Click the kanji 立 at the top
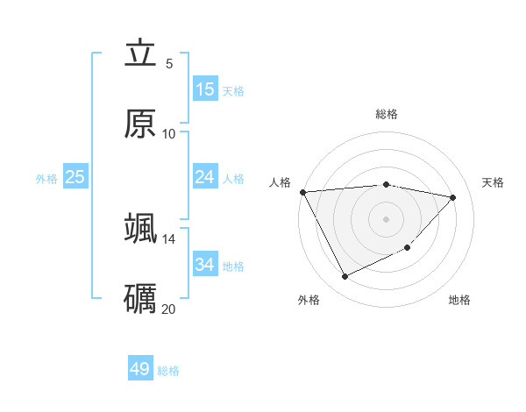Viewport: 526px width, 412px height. click(141, 54)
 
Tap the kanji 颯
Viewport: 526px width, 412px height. click(141, 228)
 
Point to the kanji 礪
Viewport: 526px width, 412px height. click(141, 297)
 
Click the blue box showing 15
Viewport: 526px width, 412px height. click(205, 89)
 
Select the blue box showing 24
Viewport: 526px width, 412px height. click(205, 177)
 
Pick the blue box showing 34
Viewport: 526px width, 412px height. click(205, 264)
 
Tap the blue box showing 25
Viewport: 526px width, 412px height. click(75, 177)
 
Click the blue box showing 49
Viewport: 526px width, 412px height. click(140, 369)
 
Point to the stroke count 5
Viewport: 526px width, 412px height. click(169, 63)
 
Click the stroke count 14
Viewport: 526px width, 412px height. click(169, 238)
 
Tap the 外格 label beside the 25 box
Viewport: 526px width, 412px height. click(46, 179)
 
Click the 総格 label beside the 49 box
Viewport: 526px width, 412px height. click(168, 371)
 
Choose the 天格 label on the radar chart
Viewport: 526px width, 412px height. click(493, 182)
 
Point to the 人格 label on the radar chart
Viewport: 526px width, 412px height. click(281, 182)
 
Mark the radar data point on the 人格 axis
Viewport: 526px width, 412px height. click(302, 192)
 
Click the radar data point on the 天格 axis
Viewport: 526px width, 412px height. click(453, 197)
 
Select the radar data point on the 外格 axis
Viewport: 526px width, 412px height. click(345, 277)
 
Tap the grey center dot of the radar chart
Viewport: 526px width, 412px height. click(387, 219)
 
